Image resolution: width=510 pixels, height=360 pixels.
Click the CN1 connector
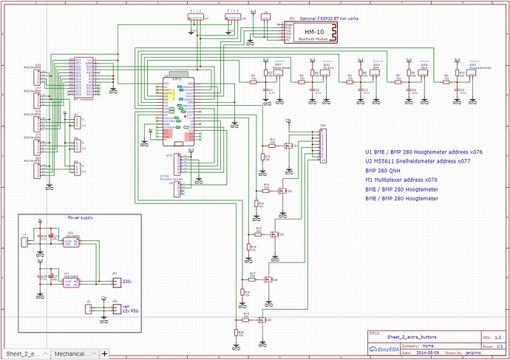click(x=322, y=146)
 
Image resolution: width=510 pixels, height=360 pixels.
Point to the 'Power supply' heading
click(x=81, y=219)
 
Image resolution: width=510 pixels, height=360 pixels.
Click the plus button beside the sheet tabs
click(x=105, y=353)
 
